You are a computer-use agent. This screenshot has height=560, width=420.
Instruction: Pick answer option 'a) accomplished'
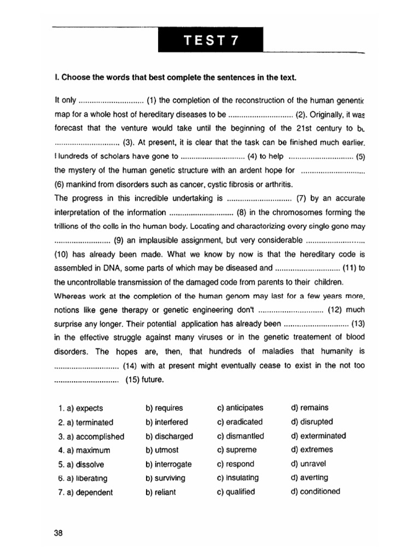[x=91, y=436]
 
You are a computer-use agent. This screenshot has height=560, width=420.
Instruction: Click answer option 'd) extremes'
[x=312, y=450]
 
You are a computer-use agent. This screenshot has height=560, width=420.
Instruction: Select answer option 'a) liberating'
[x=83, y=478]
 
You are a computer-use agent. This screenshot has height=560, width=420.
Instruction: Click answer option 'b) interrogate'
[x=168, y=464]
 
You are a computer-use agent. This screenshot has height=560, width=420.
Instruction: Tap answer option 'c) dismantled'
[x=240, y=436]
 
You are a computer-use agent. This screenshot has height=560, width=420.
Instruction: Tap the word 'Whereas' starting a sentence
[x=71, y=296]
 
